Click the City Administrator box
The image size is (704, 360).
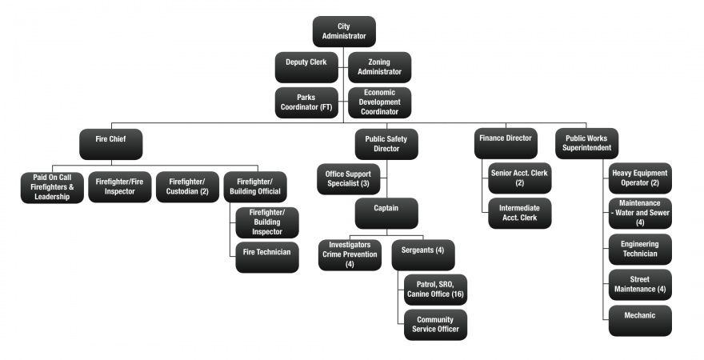344,32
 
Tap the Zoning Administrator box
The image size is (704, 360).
380,67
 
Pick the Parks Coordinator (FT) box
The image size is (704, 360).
306,102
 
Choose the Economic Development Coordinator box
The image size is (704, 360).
380,102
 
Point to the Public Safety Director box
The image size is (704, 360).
386,144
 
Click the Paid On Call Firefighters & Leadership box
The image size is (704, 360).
51,187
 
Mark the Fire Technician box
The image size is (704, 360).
267,257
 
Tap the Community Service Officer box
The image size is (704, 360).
435,324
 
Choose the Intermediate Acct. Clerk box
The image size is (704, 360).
520,214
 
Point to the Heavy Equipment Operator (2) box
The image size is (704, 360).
640,178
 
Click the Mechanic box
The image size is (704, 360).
640,319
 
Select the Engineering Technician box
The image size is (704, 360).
640,249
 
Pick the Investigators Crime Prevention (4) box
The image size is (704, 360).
350,255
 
